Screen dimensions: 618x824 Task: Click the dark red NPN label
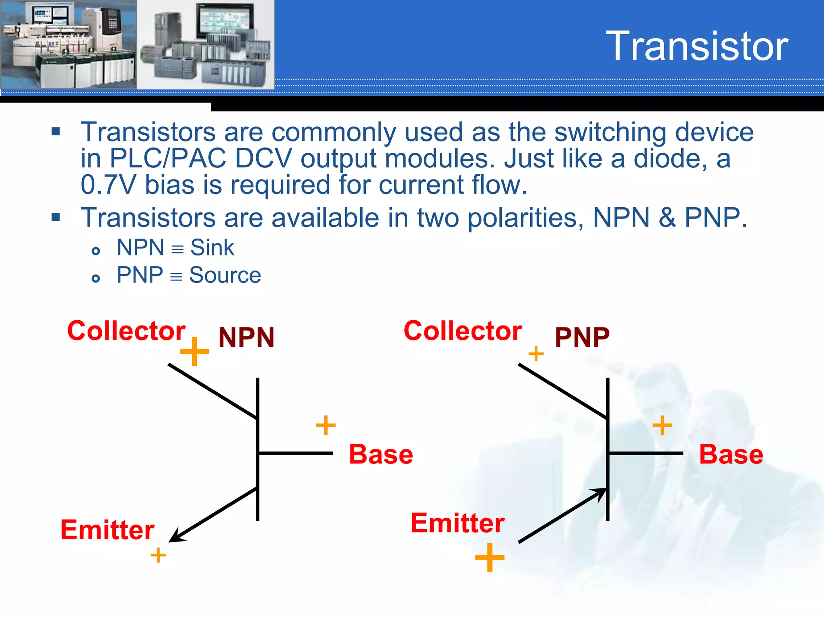(246, 337)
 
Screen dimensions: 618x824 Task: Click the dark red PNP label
(582, 337)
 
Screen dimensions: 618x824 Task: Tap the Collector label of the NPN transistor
(126, 331)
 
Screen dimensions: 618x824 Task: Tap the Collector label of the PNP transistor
(463, 331)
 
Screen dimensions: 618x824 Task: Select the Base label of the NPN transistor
(381, 454)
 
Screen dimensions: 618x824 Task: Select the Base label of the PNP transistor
(731, 454)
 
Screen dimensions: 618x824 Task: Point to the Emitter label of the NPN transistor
(107, 529)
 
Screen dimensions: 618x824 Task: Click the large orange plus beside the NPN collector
(194, 352)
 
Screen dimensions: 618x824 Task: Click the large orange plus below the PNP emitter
(490, 558)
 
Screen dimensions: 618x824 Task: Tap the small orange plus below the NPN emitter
(158, 555)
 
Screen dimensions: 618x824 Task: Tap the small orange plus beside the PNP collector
(536, 354)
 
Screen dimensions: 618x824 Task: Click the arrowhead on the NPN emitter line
(175, 537)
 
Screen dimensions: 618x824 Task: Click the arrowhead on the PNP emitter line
(600, 493)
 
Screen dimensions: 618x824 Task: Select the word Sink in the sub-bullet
(212, 247)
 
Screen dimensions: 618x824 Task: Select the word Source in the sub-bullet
(225, 275)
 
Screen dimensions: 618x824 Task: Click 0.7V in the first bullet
(108, 185)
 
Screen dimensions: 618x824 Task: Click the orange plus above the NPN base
(325, 425)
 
